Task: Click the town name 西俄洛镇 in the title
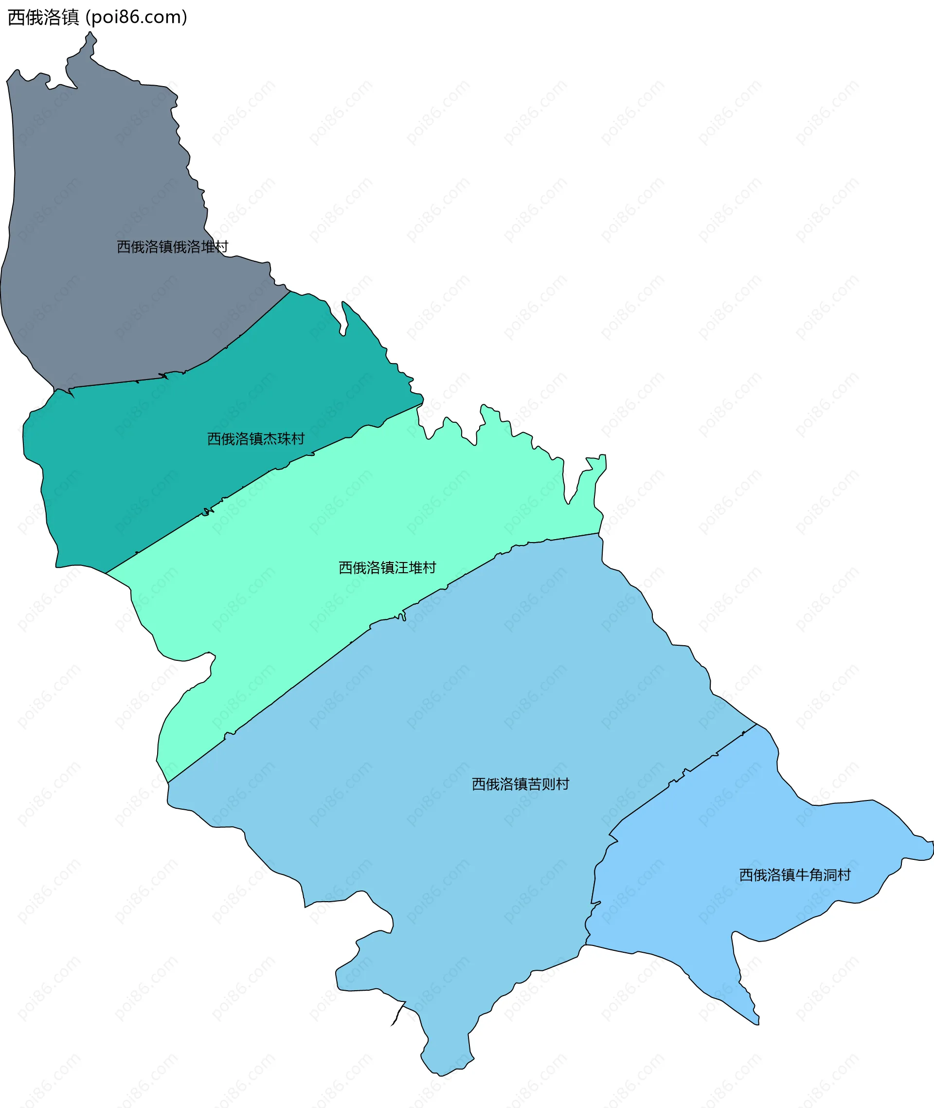[x=43, y=18]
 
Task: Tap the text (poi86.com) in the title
[x=136, y=18]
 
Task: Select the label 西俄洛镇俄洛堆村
[x=172, y=247]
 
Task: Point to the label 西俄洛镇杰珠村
[x=256, y=438]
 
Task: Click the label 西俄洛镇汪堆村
[x=387, y=568]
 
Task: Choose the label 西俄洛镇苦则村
[x=520, y=784]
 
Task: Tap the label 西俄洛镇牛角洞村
[x=794, y=875]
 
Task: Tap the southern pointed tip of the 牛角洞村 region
[x=758, y=1024]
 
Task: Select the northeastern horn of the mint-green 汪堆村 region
[x=603, y=456]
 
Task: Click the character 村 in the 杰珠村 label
[x=298, y=438]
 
